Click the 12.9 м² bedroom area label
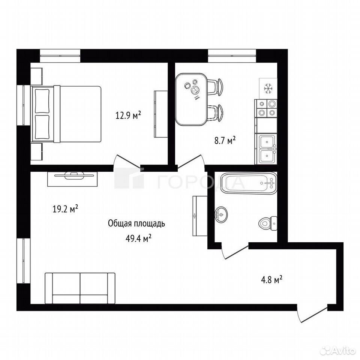pyautogui.click(x=128, y=115)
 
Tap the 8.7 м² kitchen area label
pyautogui.click(x=225, y=140)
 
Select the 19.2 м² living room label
pyautogui.click(x=65, y=209)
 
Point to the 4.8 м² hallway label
pyautogui.click(x=271, y=280)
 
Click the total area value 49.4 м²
pyautogui.click(x=138, y=238)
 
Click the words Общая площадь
pyautogui.click(x=136, y=223)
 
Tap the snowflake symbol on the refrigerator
pyautogui.click(x=268, y=88)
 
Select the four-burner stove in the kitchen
pyautogui.click(x=266, y=108)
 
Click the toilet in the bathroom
pyautogui.click(x=268, y=223)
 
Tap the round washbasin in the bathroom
pyautogui.click(x=221, y=214)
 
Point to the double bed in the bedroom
pyautogui.click(x=66, y=114)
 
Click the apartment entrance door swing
pyautogui.click(x=312, y=314)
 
